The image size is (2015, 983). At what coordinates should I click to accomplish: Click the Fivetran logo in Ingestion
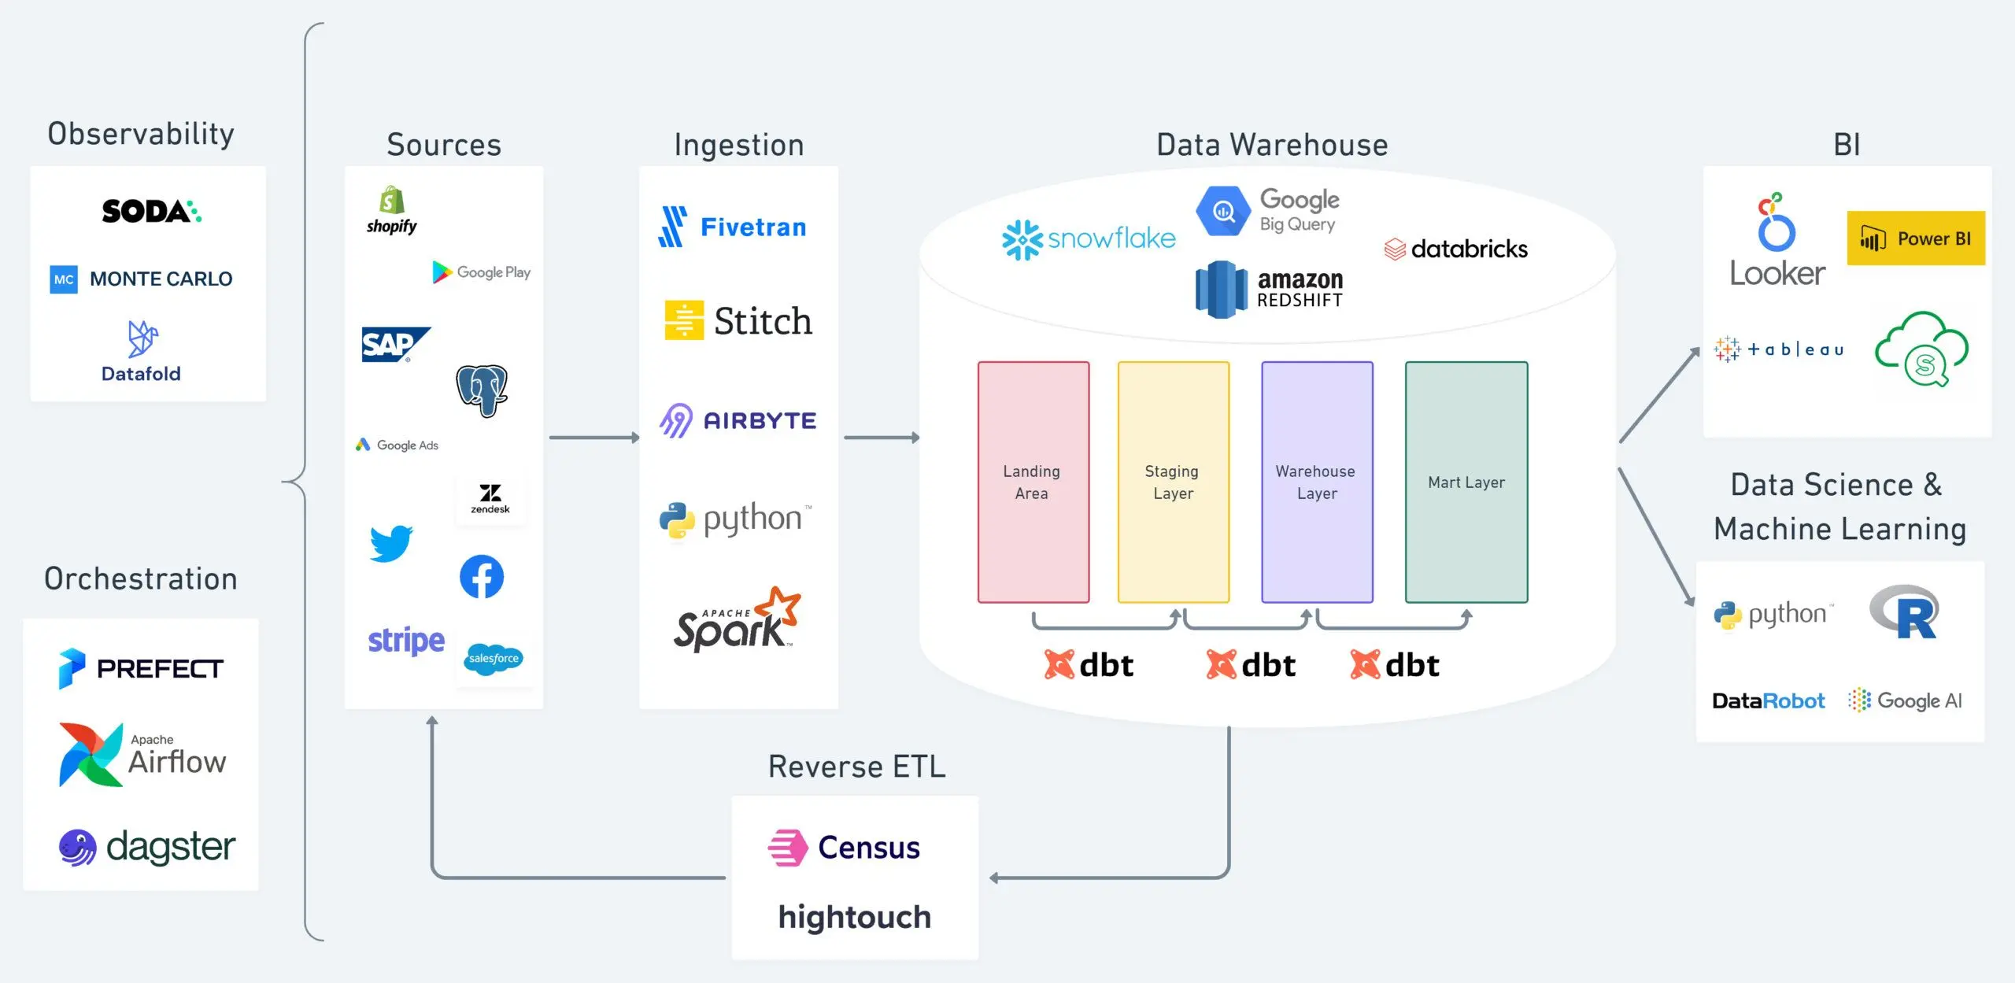coord(732,227)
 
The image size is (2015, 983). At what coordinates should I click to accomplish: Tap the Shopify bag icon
coord(392,201)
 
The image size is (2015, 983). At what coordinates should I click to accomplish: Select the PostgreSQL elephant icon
coord(482,390)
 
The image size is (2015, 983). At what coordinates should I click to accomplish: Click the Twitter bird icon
coord(391,543)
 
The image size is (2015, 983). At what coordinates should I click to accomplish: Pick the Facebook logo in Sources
coord(482,577)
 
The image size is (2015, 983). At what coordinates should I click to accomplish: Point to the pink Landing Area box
coord(1033,482)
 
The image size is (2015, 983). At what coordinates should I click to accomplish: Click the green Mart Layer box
coord(1466,482)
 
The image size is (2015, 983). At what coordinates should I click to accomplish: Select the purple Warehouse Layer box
coord(1316,482)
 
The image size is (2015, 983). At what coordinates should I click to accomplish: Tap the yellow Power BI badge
coord(1915,238)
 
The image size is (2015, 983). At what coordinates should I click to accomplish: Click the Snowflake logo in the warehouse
coord(1088,238)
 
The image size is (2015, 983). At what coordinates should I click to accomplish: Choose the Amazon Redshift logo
coord(1269,290)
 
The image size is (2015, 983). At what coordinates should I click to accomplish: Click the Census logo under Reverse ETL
coord(844,848)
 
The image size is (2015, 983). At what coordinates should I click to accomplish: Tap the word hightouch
coord(854,917)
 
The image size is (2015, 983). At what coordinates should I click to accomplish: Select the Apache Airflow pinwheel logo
coord(91,755)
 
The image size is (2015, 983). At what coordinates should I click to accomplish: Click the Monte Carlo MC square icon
coord(64,279)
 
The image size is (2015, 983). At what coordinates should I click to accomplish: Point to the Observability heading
coord(141,134)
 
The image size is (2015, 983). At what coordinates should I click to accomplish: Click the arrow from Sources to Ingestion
coord(593,438)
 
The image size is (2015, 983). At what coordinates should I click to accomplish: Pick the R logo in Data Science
coord(1905,612)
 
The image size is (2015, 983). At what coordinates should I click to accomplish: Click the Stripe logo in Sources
coord(406,641)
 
